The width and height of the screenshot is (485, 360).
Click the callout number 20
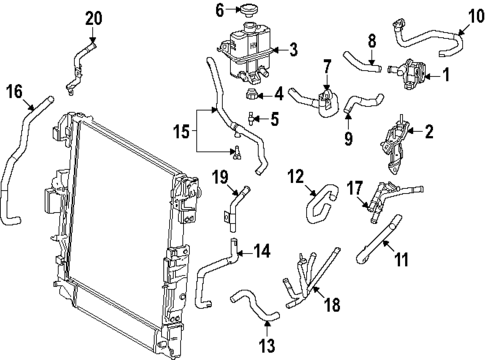click(x=93, y=18)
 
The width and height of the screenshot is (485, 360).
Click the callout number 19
click(x=220, y=177)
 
